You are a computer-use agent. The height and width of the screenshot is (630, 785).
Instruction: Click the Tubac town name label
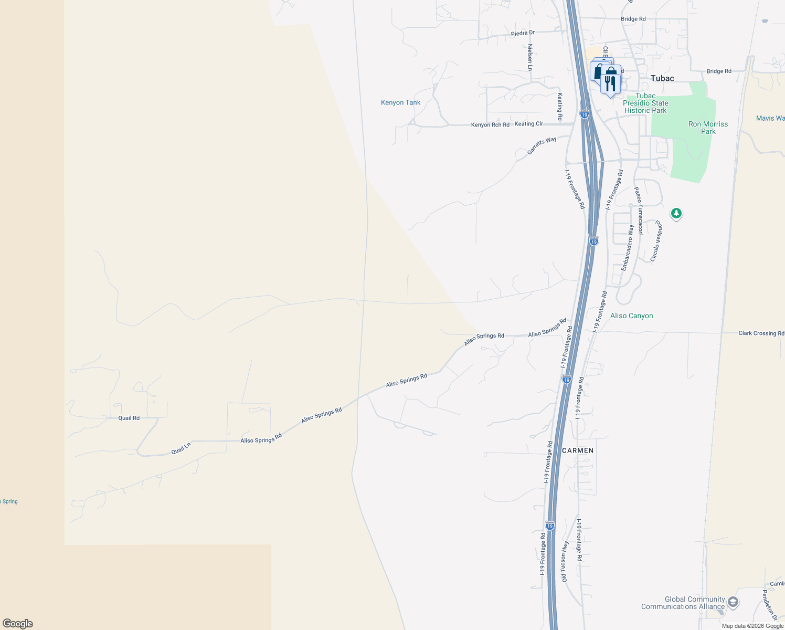click(662, 78)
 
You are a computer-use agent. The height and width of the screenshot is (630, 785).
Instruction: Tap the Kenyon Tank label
click(400, 102)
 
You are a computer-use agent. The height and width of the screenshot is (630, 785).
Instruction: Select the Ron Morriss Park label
click(708, 128)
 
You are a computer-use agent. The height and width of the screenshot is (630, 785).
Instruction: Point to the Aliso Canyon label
click(631, 316)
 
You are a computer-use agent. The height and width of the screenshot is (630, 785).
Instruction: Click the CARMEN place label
click(578, 450)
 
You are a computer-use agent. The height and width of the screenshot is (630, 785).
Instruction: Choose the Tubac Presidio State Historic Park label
click(645, 103)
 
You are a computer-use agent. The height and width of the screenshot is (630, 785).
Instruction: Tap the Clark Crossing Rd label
click(761, 333)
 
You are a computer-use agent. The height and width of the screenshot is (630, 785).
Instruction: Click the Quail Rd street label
click(129, 418)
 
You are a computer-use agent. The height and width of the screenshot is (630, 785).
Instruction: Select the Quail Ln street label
click(181, 449)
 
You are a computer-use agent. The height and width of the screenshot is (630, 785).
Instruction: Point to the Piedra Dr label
click(523, 33)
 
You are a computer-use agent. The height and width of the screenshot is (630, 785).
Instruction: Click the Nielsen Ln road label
click(530, 57)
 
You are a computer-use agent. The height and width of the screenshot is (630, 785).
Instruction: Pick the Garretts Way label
click(542, 145)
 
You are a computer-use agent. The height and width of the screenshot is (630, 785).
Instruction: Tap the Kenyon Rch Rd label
click(490, 125)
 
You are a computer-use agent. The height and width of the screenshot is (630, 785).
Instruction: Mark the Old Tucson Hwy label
click(565, 562)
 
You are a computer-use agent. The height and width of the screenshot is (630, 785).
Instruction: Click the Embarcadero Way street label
click(628, 248)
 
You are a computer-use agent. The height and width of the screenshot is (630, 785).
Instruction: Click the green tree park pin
click(676, 214)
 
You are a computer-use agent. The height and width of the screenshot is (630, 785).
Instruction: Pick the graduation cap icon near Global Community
click(733, 602)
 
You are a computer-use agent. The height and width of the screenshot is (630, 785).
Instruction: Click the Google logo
click(18, 624)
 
